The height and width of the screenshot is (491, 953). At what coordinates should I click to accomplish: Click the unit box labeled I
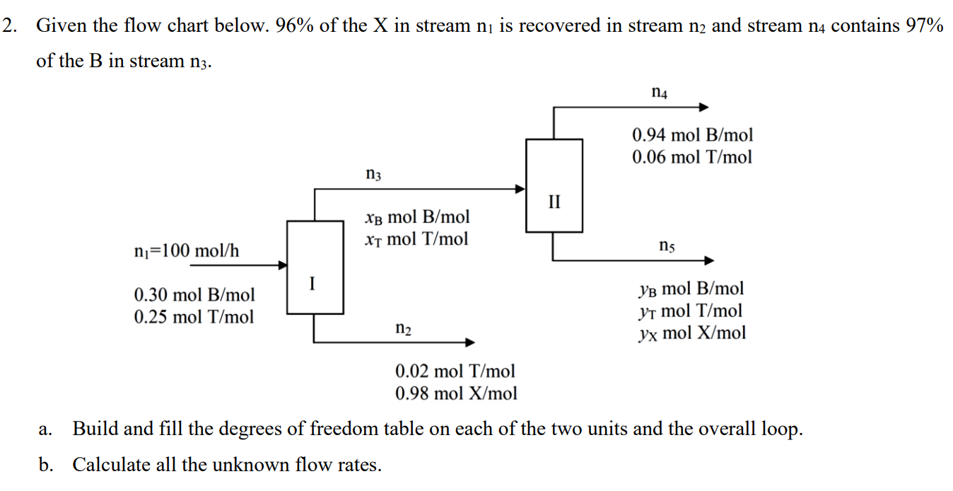(315, 267)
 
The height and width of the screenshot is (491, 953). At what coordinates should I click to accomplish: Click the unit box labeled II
(554, 185)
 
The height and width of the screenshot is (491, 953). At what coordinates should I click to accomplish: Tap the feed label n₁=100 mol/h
(187, 250)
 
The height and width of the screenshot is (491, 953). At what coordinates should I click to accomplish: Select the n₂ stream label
(404, 329)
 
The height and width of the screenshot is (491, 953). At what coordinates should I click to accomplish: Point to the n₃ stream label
(373, 173)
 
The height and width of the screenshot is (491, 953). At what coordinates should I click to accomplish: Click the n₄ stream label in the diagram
(659, 92)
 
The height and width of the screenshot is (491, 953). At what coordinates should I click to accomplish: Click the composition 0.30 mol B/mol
(194, 294)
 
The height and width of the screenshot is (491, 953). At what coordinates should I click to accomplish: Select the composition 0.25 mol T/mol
(194, 316)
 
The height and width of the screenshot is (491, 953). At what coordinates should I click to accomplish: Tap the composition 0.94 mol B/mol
(692, 134)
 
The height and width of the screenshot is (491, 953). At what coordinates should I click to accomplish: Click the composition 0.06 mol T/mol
(692, 156)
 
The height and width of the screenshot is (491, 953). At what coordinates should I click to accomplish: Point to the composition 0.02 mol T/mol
(455, 371)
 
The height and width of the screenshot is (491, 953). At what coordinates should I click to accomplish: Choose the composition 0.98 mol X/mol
(456, 393)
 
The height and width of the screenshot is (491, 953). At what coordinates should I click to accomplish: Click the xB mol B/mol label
(416, 216)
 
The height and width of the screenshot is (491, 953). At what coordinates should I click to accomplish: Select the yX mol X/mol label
(691, 333)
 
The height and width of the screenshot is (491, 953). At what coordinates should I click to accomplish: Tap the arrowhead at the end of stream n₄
(703, 108)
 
